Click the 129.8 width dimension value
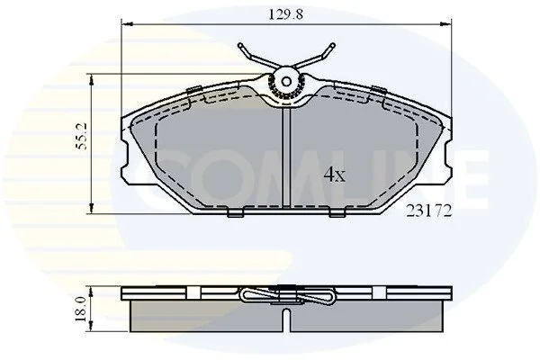pyautogui.click(x=285, y=14)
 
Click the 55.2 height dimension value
pyautogui.click(x=82, y=136)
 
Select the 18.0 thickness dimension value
pyautogui.click(x=81, y=310)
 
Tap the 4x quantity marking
pyautogui.click(x=334, y=175)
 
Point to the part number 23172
pyautogui.click(x=428, y=211)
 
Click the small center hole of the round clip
pyautogui.click(x=286, y=82)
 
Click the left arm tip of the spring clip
pyautogui.click(x=240, y=45)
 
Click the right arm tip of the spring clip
pyautogui.click(x=332, y=45)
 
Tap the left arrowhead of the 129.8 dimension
pyautogui.click(x=128, y=23)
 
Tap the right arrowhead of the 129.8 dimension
pyautogui.click(x=445, y=23)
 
